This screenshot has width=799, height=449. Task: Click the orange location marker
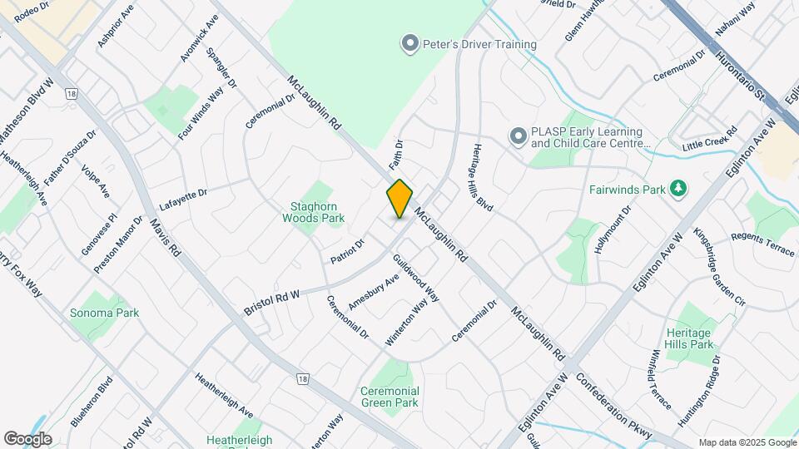(x=399, y=199)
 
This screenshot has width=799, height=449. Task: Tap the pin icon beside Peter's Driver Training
(x=409, y=44)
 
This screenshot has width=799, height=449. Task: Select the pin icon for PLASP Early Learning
(x=518, y=136)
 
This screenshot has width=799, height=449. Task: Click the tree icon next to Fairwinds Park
(x=679, y=189)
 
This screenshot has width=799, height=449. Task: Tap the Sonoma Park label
(x=105, y=313)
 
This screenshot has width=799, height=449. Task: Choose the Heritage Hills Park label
(x=690, y=338)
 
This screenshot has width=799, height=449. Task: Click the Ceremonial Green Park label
(x=390, y=397)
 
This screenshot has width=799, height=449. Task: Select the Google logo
(x=27, y=439)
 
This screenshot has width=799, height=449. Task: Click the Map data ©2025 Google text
(x=747, y=442)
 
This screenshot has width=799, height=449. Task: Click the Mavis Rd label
(x=165, y=237)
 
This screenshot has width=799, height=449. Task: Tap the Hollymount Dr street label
(x=613, y=230)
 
